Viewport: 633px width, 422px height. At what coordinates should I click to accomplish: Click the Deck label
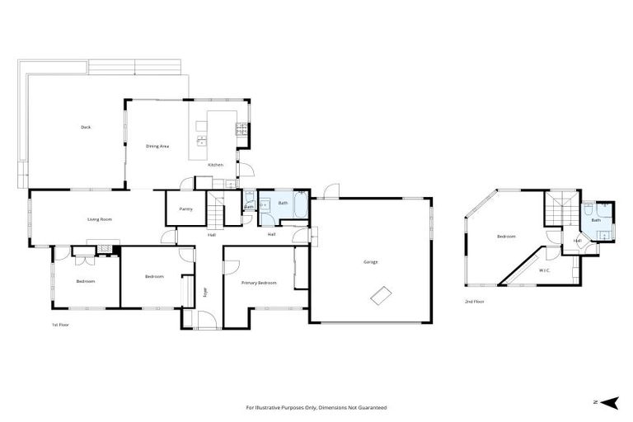86,127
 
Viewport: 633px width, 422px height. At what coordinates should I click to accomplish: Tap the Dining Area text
157,146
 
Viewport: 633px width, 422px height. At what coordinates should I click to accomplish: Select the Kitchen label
215,165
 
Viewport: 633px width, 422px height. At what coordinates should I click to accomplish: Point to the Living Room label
100,219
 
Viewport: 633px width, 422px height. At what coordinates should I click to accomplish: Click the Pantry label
186,209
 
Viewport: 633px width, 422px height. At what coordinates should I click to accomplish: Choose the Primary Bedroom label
259,283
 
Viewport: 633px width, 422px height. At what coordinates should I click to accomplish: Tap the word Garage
371,262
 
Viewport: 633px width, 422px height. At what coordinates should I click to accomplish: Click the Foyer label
206,290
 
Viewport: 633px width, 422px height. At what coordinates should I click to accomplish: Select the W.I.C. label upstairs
545,270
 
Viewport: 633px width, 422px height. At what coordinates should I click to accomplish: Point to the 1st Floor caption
60,325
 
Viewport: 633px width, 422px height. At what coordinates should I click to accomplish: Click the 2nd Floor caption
474,302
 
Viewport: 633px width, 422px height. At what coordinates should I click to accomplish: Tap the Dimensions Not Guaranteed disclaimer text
316,407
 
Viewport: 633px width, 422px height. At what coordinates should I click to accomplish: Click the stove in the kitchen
241,129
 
